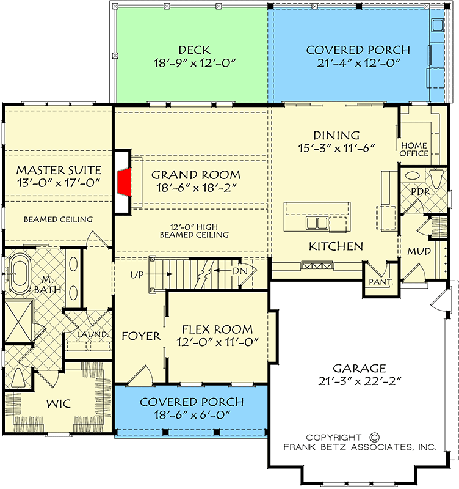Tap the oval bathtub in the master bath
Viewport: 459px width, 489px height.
point(23,268)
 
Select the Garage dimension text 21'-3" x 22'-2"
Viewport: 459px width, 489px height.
point(359,382)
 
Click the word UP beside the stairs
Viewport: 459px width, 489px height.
point(137,275)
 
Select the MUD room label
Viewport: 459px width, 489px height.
point(419,251)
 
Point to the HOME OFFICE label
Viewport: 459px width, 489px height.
point(414,149)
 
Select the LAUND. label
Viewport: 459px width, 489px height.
point(92,334)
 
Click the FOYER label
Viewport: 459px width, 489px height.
point(141,336)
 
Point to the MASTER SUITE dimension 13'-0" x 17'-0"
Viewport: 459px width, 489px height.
point(58,183)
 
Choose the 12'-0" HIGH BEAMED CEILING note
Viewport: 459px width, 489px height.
point(194,230)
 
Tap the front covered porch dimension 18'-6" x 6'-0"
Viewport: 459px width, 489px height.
point(192,415)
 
